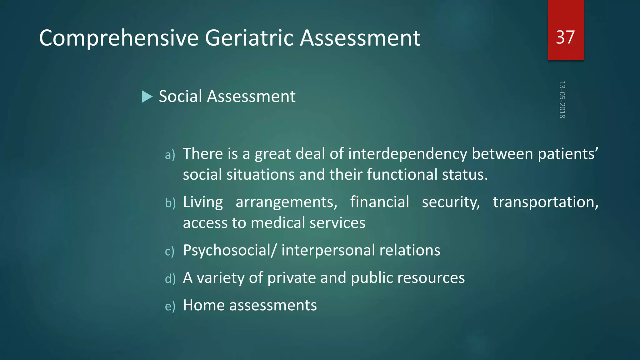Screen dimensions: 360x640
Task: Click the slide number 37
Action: [x=565, y=37]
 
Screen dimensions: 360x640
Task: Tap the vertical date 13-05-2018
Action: [x=562, y=99]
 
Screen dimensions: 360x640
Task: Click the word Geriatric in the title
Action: [x=249, y=38]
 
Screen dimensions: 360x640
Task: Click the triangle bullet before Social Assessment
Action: [x=147, y=97]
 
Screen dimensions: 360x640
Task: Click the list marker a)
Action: [x=170, y=155]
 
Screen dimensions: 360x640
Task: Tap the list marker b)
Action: [x=170, y=203]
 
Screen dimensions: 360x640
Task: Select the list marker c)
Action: [x=170, y=251]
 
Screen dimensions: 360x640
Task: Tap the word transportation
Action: [x=545, y=202]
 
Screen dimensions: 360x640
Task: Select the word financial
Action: [x=379, y=202]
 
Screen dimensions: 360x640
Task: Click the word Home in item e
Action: [x=204, y=305]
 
